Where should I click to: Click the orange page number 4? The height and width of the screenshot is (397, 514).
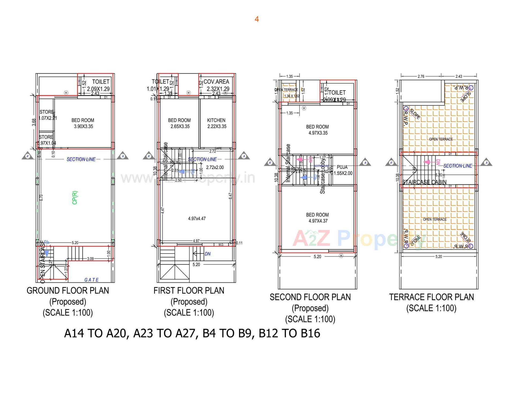pos(257,19)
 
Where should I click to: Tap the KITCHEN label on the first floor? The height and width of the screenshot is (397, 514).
pos(216,120)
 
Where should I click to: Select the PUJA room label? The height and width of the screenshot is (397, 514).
pos(342,167)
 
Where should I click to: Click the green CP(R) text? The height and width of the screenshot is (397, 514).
pos(75,198)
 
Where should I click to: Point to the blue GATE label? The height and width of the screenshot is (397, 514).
pos(92,280)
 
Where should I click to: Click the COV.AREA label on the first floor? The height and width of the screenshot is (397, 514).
pos(216,82)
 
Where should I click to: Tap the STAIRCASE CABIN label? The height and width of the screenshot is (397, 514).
pos(424,182)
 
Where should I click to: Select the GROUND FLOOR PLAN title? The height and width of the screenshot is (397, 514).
pos(68,291)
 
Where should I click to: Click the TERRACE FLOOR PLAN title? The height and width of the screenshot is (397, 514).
pos(431,297)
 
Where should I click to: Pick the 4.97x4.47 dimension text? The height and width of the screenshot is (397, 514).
pos(197,219)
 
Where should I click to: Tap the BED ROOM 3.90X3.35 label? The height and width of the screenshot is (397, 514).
pos(83,123)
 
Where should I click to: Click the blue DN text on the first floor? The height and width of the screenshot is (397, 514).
pos(207,254)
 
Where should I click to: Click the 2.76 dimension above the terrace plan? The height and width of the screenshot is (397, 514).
pos(421,76)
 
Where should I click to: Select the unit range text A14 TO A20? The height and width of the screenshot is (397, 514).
pos(95,333)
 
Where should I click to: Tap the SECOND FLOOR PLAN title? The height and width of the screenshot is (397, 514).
pos(310,297)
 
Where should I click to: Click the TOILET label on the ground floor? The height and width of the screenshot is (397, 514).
pos(101,82)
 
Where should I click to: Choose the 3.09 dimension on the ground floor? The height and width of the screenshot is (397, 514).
pos(90,259)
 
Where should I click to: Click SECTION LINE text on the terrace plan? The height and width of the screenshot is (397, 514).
pos(458,166)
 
